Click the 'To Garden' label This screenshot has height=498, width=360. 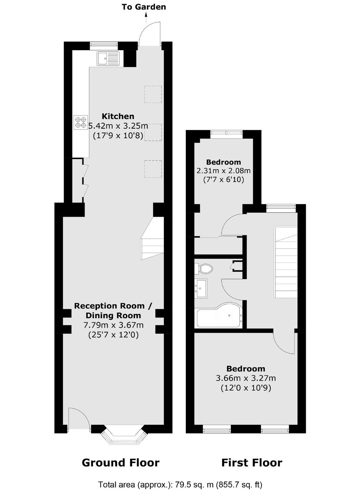[x=144, y=7]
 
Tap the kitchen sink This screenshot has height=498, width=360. [x=108, y=59]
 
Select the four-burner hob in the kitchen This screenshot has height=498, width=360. [x=81, y=122]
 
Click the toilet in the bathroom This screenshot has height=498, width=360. [x=204, y=269]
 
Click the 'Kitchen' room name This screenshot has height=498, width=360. [x=118, y=116]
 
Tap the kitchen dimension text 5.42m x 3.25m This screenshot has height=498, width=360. [x=118, y=126]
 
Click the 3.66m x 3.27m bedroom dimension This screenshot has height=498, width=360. [x=246, y=378]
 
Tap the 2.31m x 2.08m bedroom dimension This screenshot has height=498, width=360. [x=224, y=170]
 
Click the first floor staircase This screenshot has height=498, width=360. [x=286, y=262]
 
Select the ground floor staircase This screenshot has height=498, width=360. [x=152, y=238]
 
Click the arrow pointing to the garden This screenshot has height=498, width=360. [x=146, y=18]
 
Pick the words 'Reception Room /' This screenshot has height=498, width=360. [x=113, y=306]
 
